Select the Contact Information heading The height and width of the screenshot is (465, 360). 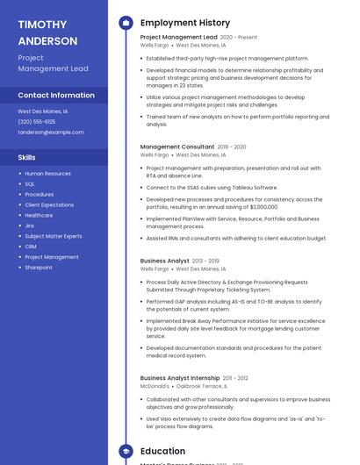(x=56, y=95)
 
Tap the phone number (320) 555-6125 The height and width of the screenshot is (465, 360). (x=37, y=122)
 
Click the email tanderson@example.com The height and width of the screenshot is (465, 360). (x=51, y=132)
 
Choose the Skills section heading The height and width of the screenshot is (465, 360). (x=27, y=158)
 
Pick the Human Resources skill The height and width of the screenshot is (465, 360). (x=48, y=174)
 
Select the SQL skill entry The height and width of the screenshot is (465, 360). (x=30, y=184)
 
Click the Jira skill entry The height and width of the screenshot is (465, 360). (x=30, y=225)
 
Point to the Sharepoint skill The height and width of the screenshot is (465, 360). (x=39, y=267)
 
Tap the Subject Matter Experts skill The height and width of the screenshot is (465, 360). (x=54, y=236)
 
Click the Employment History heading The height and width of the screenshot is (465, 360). (x=184, y=23)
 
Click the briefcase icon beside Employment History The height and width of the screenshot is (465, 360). (x=126, y=23)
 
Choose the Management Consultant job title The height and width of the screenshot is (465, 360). (x=177, y=147)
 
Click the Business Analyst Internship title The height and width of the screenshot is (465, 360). (x=180, y=378)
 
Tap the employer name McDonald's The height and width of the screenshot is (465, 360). (x=155, y=386)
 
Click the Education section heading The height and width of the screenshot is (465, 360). (x=162, y=451)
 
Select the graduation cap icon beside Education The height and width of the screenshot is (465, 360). (x=126, y=451)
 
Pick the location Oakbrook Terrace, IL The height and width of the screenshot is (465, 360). (x=201, y=386)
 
